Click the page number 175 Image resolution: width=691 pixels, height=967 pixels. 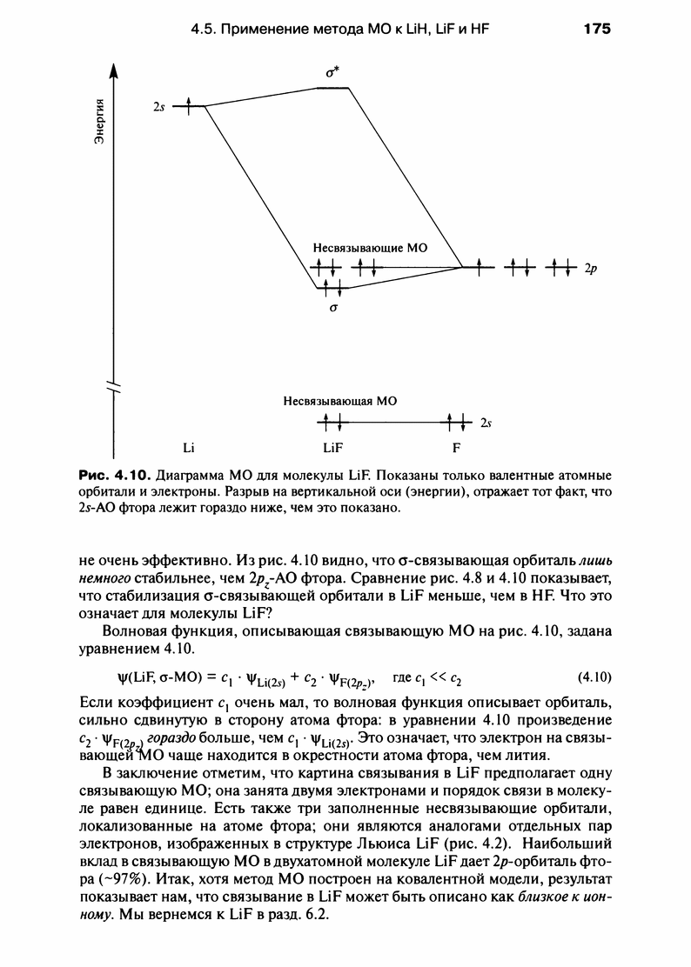[x=598, y=29]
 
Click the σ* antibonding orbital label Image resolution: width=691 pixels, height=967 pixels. [x=332, y=73]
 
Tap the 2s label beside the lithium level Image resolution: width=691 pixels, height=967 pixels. [x=158, y=107]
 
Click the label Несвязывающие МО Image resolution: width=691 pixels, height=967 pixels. [x=370, y=248]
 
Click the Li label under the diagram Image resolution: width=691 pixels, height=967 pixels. [x=187, y=449]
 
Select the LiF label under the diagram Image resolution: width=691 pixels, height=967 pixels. [x=332, y=449]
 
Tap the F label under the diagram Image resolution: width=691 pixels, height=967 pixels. [x=455, y=449]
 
